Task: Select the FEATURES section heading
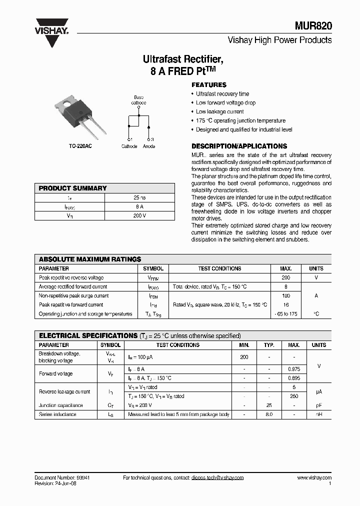pos(209,85)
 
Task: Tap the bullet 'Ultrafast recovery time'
pos(222,94)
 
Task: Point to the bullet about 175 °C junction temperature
pos(240,120)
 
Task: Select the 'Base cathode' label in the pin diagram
pos(138,100)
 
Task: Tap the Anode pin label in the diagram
pos(149,146)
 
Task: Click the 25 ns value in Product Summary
pos(139,198)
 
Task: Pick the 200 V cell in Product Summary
pos(139,216)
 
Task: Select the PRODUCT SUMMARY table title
pos(72,188)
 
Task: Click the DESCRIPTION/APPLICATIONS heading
pos(239,146)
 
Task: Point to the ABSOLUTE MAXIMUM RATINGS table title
pos(90,259)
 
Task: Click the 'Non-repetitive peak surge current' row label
pos(73,296)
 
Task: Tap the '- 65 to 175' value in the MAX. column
pos(286,314)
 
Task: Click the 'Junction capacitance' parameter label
pos(61,405)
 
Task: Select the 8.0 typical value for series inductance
pos(269,414)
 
